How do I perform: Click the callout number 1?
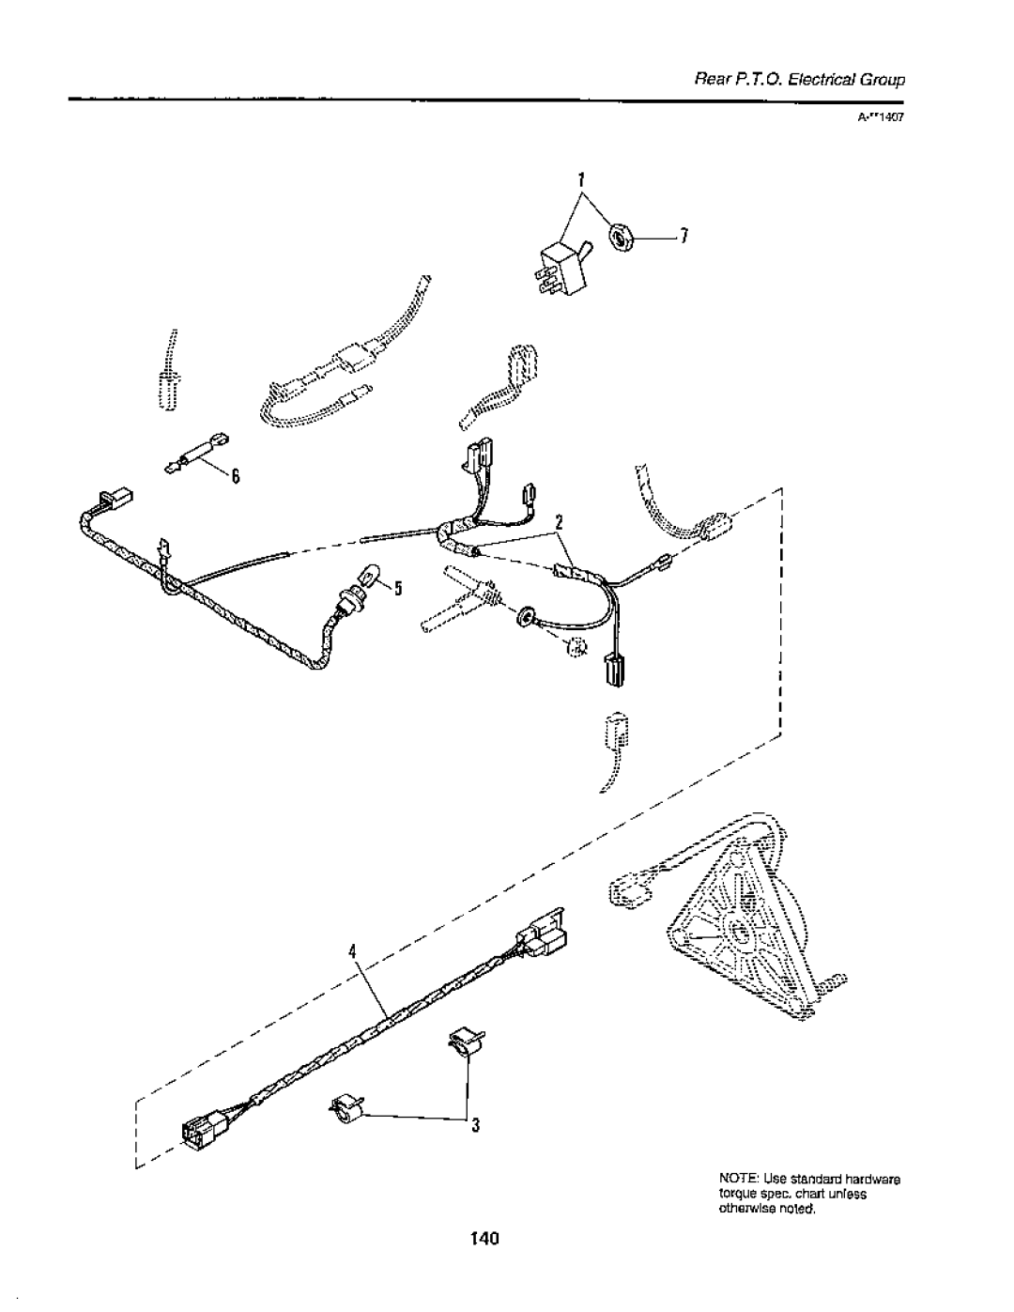(581, 178)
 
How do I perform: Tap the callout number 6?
(238, 477)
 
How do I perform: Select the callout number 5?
(397, 589)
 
